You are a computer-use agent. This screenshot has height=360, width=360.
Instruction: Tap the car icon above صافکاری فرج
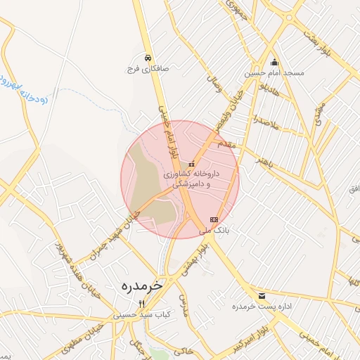pyautogui.click(x=148, y=58)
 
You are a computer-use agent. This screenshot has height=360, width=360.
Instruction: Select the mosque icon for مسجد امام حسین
pyautogui.click(x=274, y=61)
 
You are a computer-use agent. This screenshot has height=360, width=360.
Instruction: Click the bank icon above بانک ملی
pyautogui.click(x=214, y=219)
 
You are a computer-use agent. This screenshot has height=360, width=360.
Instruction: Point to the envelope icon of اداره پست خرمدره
pyautogui.click(x=262, y=295)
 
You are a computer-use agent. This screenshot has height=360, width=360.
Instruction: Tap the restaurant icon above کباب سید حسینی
pyautogui.click(x=141, y=304)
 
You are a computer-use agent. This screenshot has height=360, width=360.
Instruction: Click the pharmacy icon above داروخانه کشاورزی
pyautogui.click(x=191, y=165)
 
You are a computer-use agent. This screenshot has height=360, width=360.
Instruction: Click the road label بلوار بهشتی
pyautogui.click(x=194, y=259)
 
